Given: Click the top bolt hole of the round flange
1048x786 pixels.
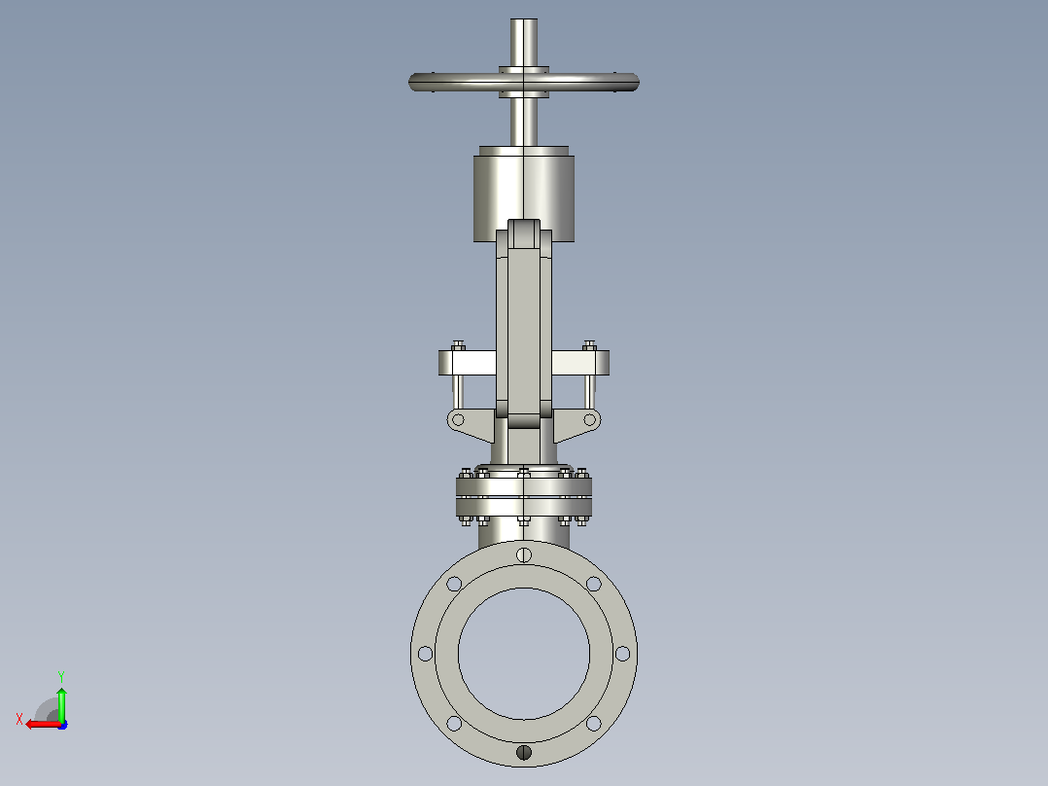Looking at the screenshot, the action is pyautogui.click(x=524, y=554).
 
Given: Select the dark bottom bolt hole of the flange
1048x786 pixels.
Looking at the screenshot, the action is pyautogui.click(x=524, y=753).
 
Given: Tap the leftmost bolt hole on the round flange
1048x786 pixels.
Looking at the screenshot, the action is pyautogui.click(x=425, y=654).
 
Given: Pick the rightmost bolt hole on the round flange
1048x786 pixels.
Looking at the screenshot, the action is pyautogui.click(x=622, y=654).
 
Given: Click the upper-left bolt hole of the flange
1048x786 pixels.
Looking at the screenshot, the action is pyautogui.click(x=454, y=584).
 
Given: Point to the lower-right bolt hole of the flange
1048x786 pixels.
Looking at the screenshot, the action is pyautogui.click(x=593, y=723).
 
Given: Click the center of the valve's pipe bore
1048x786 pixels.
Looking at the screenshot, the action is pyautogui.click(x=524, y=654).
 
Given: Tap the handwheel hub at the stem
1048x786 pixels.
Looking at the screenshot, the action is pyautogui.click(x=524, y=83).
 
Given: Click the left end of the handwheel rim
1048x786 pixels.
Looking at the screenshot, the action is pyautogui.click(x=410, y=83).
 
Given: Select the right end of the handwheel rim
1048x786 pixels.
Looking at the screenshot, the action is pyautogui.click(x=637, y=83).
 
